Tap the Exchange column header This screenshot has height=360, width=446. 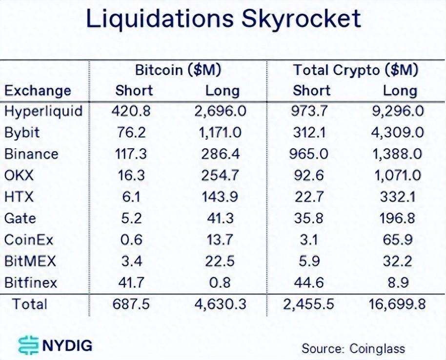pyautogui.click(x=38, y=91)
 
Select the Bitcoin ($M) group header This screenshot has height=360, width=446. pyautogui.click(x=178, y=70)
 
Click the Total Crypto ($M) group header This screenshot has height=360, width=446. pyautogui.click(x=356, y=70)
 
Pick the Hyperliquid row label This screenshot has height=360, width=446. pyautogui.click(x=43, y=111)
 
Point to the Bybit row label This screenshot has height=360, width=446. pyautogui.click(x=22, y=133)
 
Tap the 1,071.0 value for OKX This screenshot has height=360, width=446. pyautogui.click(x=399, y=176)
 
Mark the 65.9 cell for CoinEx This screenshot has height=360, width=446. pyautogui.click(x=399, y=240)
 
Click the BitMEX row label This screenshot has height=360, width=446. pyautogui.click(x=30, y=261)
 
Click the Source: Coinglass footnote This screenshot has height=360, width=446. pyautogui.click(x=353, y=348)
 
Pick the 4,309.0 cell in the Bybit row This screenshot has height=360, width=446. pyautogui.click(x=399, y=133)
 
